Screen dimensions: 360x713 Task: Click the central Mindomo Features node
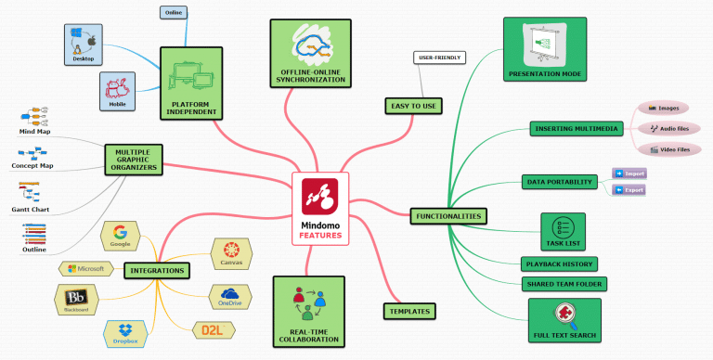(x=320, y=209)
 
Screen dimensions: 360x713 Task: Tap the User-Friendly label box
(x=438, y=58)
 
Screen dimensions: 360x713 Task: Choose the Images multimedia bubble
(x=663, y=109)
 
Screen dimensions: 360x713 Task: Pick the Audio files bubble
(x=663, y=128)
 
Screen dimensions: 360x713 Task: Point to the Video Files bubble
(x=663, y=148)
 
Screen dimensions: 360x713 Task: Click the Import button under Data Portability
(x=629, y=174)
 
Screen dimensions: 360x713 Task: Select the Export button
(x=629, y=190)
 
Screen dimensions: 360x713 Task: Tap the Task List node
(x=563, y=232)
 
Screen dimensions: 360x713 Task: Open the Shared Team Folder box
(x=564, y=284)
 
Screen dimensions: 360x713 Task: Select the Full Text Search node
(x=564, y=320)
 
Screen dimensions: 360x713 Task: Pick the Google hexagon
(x=120, y=237)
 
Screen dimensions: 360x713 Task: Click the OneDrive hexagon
(x=230, y=297)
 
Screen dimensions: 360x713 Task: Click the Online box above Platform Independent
(x=174, y=12)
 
